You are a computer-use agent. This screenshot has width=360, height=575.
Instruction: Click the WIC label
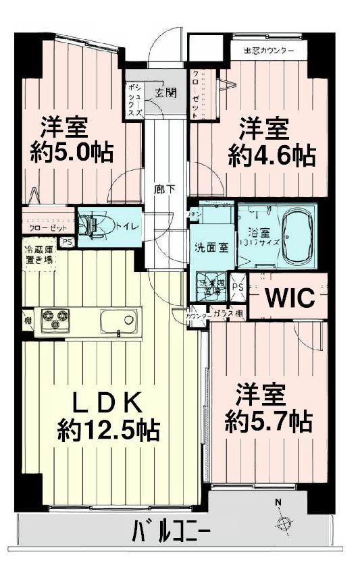289,298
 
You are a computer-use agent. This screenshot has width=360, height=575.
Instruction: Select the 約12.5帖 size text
108,430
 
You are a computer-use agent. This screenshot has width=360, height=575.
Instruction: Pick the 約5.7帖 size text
268,422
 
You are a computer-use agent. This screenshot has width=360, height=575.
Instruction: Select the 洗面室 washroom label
211,246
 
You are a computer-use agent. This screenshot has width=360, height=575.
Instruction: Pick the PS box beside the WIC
238,285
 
